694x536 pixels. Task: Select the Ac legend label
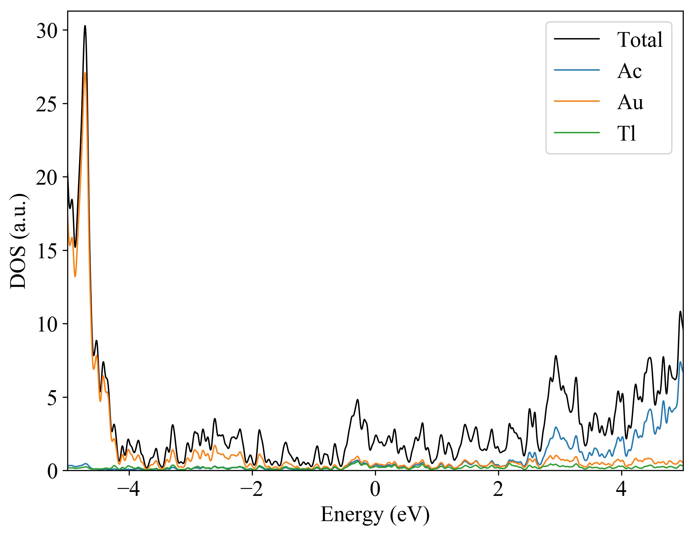click(x=629, y=71)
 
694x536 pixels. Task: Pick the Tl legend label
click(x=626, y=134)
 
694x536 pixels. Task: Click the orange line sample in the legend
click(x=577, y=101)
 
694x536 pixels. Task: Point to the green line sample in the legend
click(x=577, y=133)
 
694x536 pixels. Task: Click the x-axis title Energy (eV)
click(x=375, y=515)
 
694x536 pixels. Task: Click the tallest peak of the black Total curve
click(x=85, y=26)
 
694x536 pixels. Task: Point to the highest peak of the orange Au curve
click(x=85, y=73)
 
